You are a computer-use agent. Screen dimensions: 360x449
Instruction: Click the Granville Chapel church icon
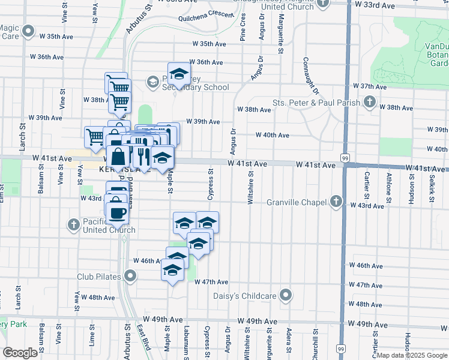pos(336,201)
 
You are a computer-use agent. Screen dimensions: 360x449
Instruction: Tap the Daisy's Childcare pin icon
pos(286,295)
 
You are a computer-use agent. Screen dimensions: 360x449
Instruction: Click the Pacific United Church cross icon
pos(73,225)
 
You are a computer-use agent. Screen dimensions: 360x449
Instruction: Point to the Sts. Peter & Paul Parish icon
pos(370,102)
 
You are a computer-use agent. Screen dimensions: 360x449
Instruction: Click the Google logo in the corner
pos(20,353)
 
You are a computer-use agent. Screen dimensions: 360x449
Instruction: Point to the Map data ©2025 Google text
pos(412,355)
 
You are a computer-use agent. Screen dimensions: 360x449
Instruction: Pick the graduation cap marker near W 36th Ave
pos(178,74)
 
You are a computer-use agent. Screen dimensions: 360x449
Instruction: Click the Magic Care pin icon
pos(28,30)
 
